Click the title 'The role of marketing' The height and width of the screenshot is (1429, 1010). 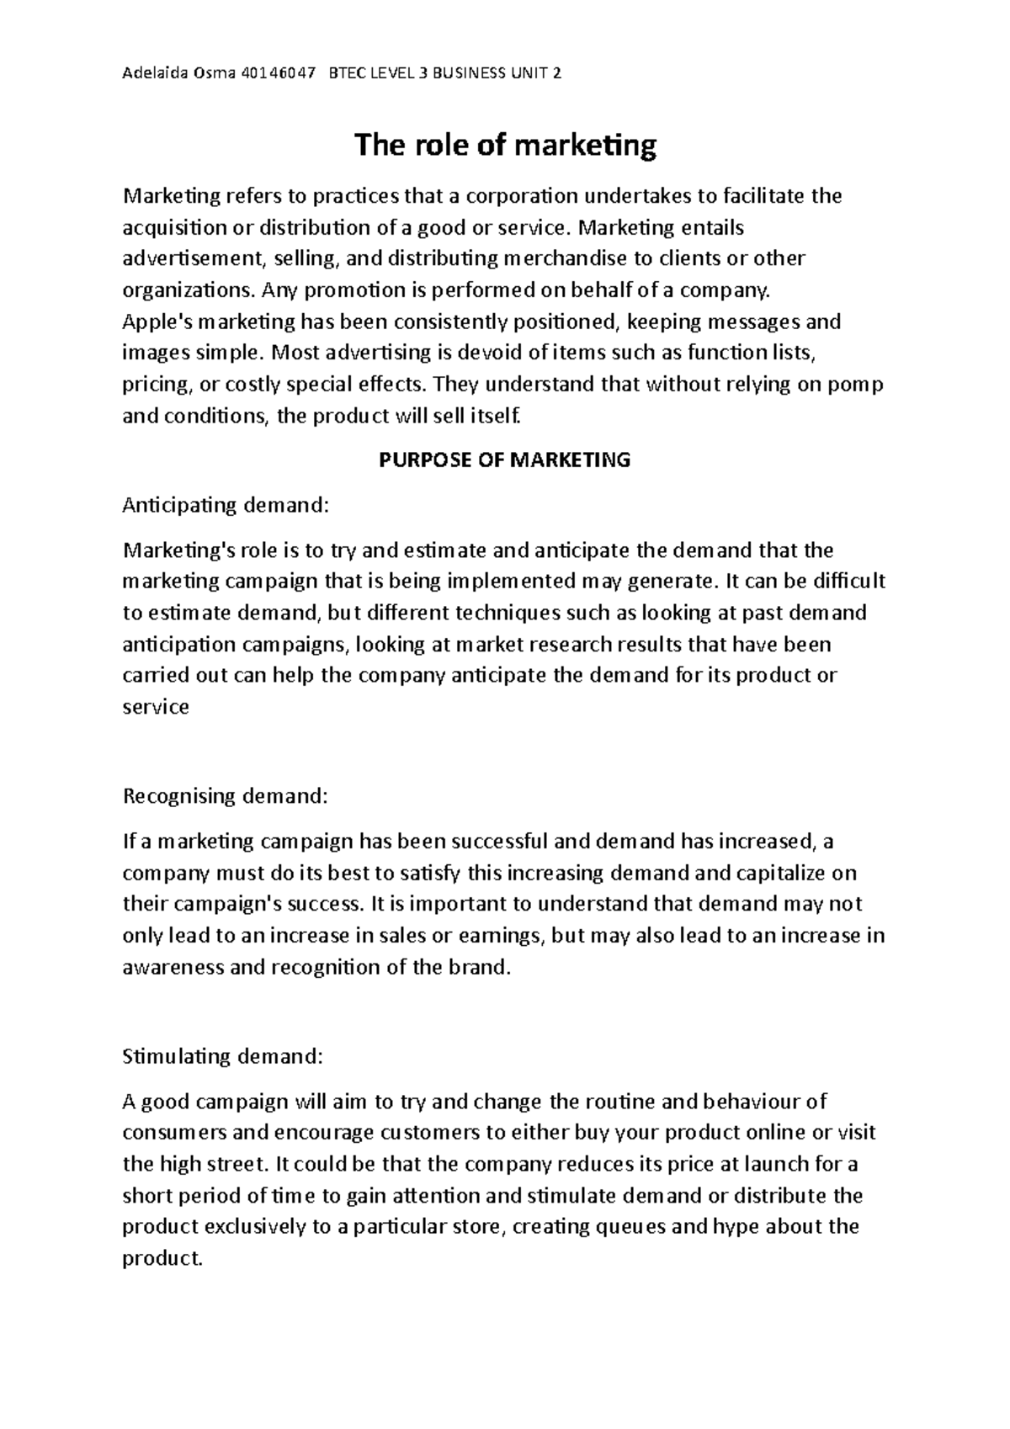[505, 146]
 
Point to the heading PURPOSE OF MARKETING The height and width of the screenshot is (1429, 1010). [505, 460]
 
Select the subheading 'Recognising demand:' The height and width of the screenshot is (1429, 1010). [224, 795]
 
